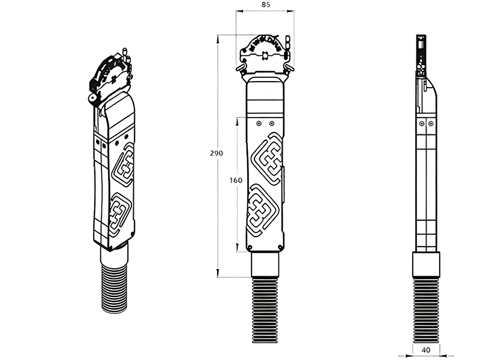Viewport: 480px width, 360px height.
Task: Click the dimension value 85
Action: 266,5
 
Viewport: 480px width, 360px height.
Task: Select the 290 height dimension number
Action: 217,153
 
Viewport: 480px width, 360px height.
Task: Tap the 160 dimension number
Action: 236,181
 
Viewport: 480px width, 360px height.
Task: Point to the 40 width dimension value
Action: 426,350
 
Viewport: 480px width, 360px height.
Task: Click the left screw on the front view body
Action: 259,124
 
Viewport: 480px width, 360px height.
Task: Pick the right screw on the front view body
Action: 272,124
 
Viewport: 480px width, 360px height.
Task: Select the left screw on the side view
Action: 422,124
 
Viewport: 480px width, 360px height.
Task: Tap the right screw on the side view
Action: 431,124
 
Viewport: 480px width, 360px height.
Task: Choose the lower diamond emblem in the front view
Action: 263,210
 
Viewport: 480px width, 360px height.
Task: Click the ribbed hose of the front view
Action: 265,310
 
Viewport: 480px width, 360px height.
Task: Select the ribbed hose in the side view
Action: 426,310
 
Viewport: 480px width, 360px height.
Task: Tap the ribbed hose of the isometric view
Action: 113,288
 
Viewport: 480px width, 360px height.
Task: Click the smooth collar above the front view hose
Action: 265,265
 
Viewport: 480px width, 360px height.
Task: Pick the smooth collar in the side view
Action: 426,265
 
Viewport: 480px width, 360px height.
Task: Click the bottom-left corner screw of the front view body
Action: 250,247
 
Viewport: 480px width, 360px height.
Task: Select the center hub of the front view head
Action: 265,56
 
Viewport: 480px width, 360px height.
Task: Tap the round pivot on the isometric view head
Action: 92,98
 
